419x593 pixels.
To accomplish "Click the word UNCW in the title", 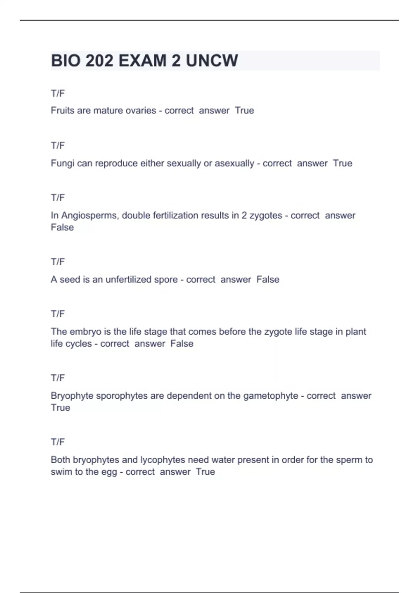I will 212,61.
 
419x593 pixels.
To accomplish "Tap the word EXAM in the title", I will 142,61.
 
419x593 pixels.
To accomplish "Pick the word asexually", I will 234,163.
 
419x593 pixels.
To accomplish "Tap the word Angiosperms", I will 90,216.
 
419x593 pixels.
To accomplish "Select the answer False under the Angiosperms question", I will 62,227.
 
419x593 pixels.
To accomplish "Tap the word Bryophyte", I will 72,396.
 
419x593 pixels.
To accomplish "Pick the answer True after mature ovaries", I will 244,111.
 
